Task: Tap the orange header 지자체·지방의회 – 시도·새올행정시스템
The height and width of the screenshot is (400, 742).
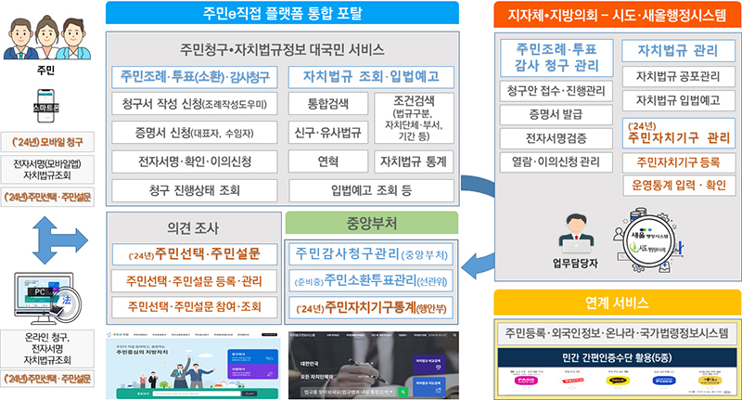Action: (615, 13)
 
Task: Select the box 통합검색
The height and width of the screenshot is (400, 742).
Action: (320, 103)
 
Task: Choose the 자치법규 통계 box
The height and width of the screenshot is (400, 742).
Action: (413, 161)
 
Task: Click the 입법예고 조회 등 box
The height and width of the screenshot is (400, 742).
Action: (372, 190)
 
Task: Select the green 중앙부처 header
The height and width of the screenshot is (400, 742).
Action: (371, 223)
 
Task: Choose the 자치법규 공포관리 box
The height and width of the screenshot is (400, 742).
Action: (677, 76)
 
